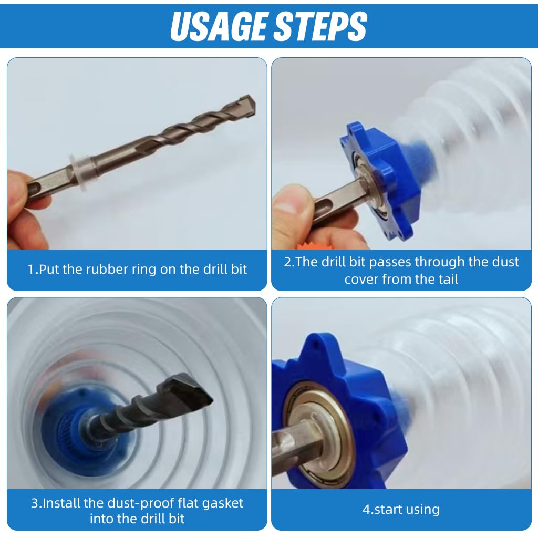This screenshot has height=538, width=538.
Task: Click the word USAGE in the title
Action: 219,26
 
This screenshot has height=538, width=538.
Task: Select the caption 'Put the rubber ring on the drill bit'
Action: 137,270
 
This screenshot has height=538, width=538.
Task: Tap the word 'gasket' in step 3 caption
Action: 222,503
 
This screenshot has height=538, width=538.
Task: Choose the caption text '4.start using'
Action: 401,509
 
